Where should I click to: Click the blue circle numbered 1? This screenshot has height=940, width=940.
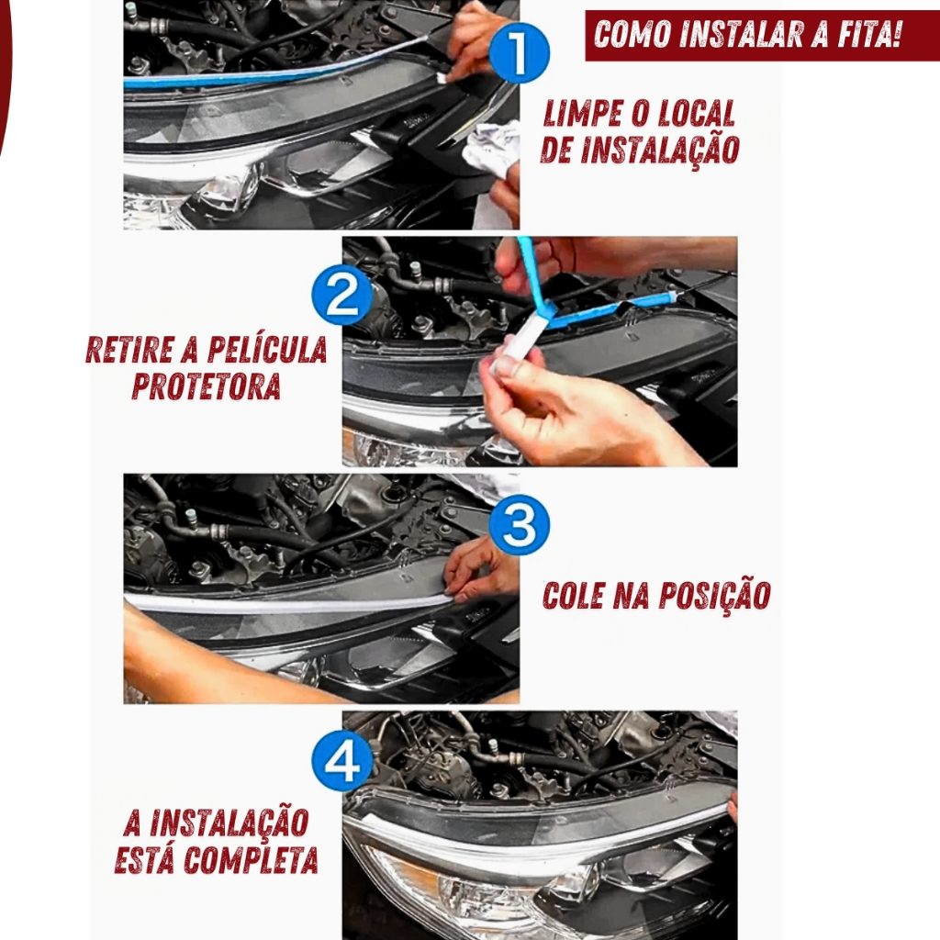[519, 52]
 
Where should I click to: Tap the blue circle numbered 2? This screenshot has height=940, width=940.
[341, 295]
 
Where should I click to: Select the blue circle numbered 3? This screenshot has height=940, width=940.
[519, 524]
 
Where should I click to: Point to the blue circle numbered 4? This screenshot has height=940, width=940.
[341, 761]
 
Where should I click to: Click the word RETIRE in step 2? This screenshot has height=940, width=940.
[129, 350]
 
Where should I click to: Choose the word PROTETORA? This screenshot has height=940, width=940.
[207, 386]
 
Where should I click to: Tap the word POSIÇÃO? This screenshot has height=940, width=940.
[714, 595]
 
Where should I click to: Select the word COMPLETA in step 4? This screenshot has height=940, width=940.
[251, 860]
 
